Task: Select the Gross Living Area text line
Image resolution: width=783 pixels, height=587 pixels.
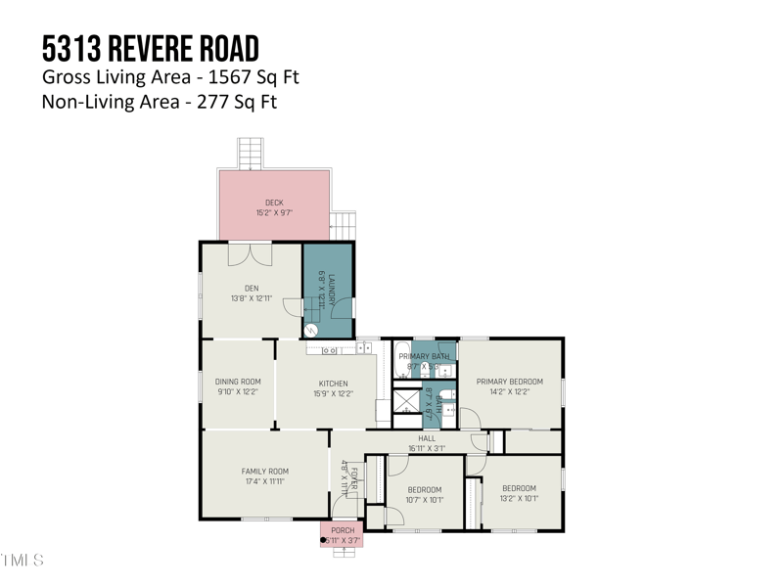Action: click(169, 76)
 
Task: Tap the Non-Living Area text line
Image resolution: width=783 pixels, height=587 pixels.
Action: click(159, 101)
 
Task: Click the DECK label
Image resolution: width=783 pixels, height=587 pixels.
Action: click(274, 203)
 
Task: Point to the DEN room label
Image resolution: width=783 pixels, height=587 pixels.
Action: click(252, 288)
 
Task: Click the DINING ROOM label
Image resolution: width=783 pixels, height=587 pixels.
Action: click(238, 382)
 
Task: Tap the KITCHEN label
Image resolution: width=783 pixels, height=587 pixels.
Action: click(333, 384)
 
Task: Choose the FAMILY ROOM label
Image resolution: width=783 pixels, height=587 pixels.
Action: click(265, 471)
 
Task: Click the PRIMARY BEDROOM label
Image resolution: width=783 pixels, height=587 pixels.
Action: click(509, 382)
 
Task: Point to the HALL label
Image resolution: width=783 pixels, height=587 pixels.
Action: click(427, 438)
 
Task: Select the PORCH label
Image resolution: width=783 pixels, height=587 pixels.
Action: click(343, 530)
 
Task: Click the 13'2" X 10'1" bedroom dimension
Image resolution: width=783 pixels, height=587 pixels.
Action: click(519, 499)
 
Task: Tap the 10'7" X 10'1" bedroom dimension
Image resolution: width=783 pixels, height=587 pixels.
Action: click(425, 499)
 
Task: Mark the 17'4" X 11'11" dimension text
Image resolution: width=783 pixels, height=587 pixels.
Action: click(265, 481)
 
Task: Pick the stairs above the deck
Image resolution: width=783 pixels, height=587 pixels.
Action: click(252, 154)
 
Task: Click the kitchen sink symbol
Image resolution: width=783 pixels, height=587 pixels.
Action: click(330, 348)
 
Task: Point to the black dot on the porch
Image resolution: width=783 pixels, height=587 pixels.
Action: click(324, 539)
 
